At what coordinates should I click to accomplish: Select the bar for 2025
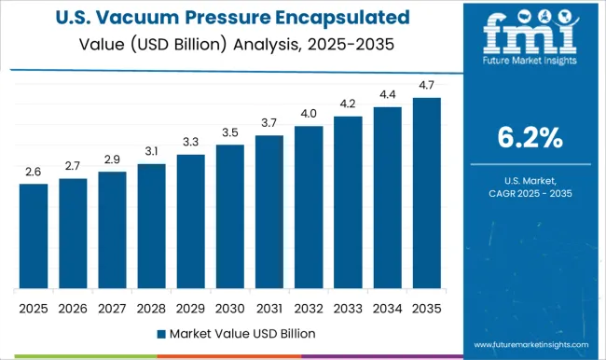(34, 236)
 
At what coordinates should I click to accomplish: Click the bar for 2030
(230, 216)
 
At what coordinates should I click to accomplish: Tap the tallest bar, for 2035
(427, 193)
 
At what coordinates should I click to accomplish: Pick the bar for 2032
(309, 207)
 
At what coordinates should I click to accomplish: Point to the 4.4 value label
(388, 94)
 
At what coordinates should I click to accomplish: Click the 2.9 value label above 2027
(112, 159)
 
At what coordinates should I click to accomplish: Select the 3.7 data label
(269, 123)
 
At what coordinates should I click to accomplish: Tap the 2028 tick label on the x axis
(151, 307)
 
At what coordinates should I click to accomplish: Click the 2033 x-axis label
(348, 307)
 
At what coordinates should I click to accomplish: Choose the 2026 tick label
(73, 307)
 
